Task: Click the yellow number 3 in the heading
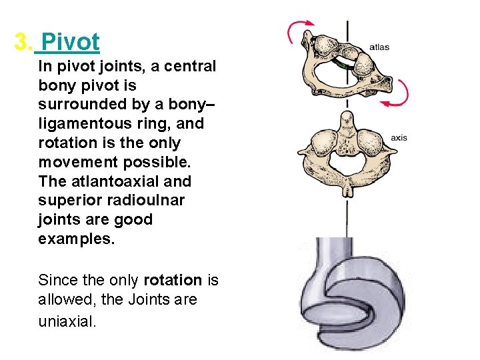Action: coord(22,42)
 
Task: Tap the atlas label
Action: coord(379,47)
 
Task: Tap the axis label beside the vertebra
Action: coord(399,138)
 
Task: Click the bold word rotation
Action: coord(172,281)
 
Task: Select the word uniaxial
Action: coord(67,321)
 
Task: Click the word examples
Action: coord(77,239)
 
